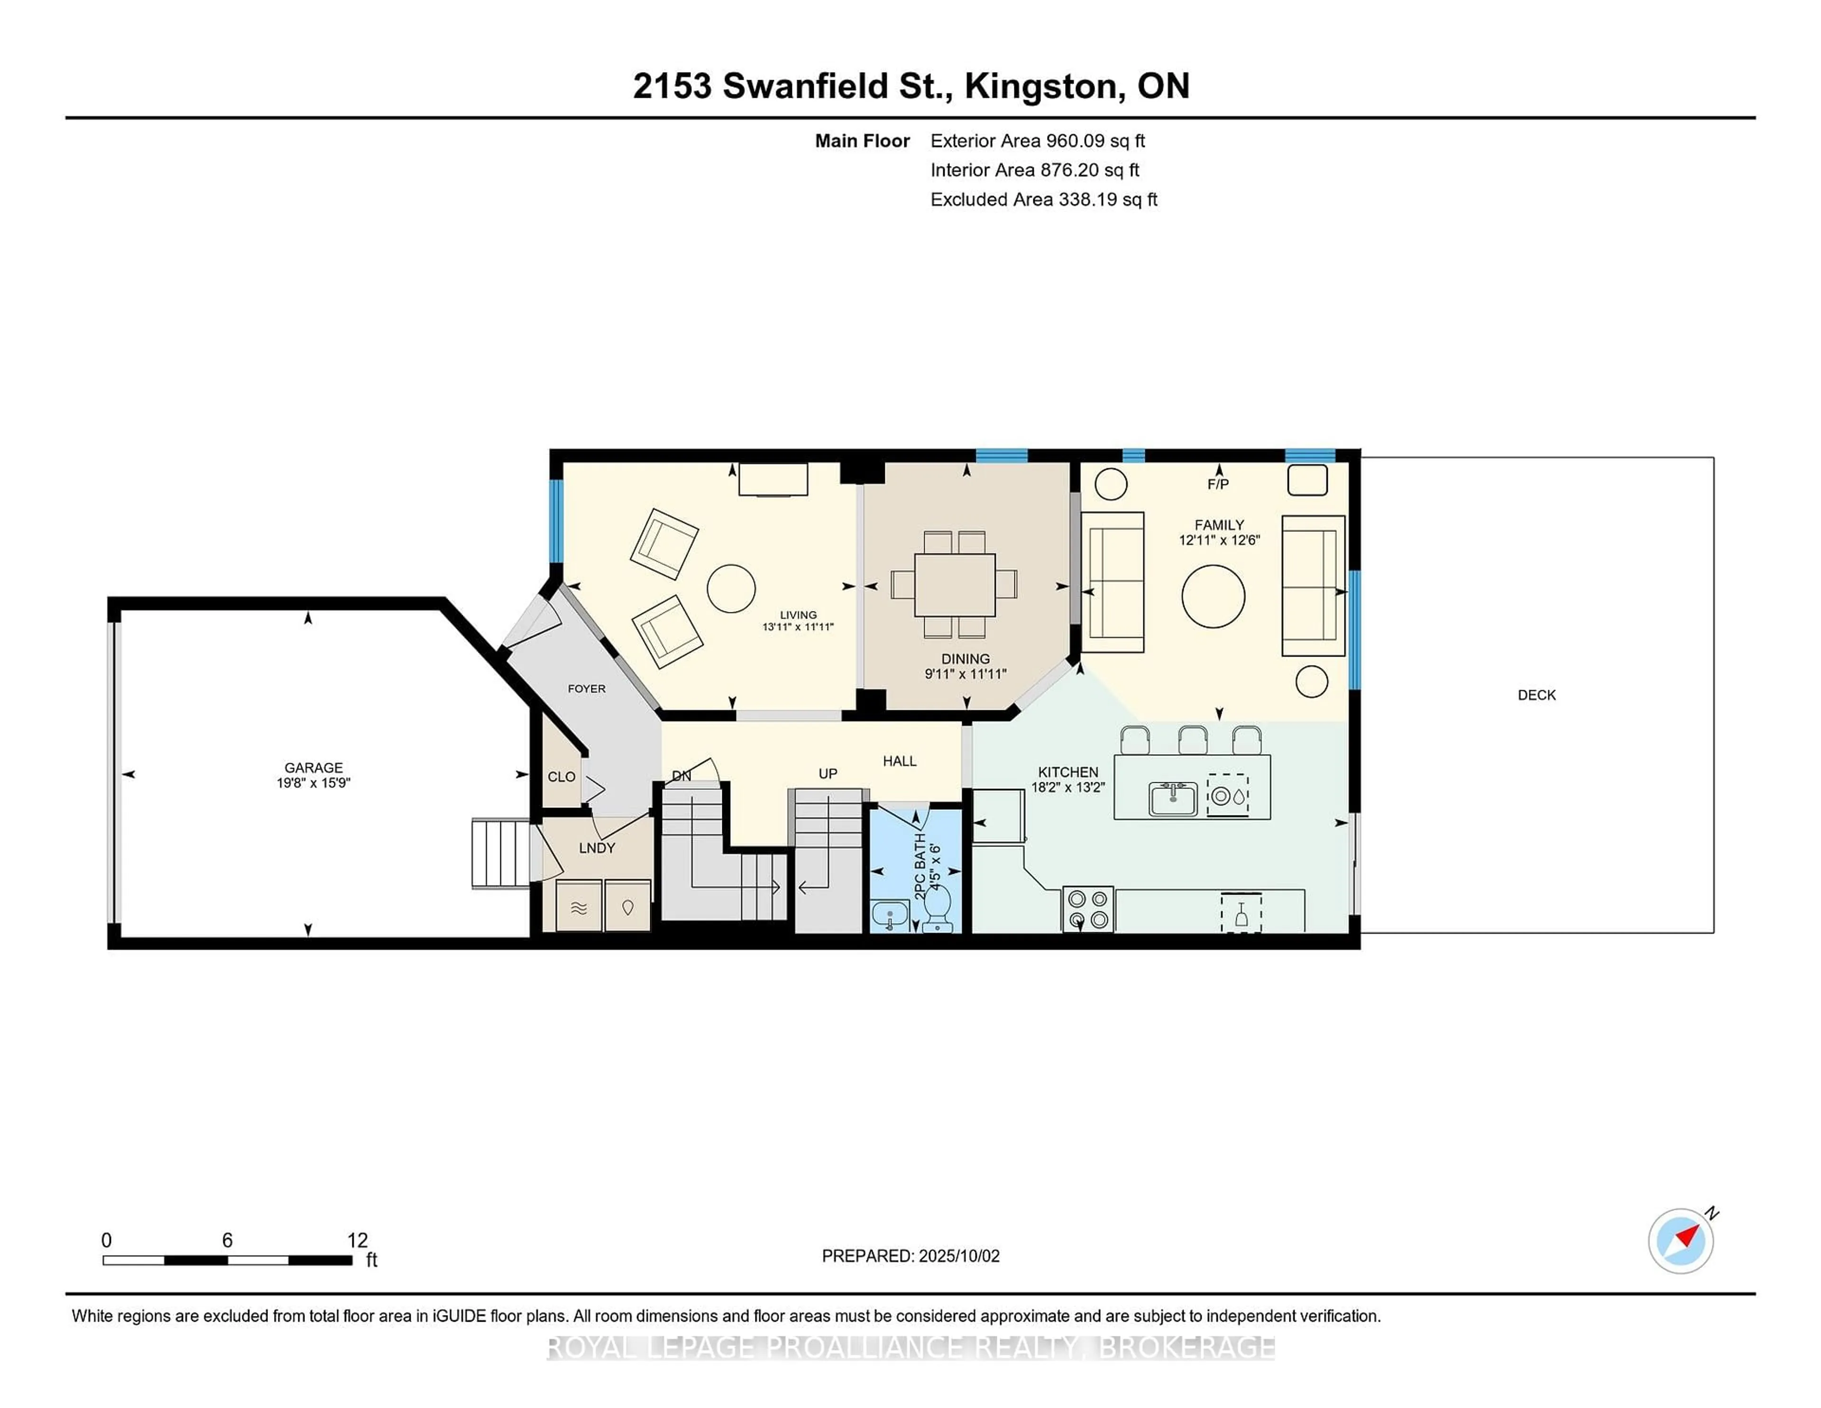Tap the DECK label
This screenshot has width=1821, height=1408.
click(x=1536, y=695)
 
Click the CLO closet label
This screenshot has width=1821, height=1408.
click(x=561, y=777)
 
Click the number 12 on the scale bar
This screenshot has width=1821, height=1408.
click(x=357, y=1241)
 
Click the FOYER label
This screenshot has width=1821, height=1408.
click(x=586, y=688)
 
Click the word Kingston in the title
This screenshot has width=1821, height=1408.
click(x=1040, y=86)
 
